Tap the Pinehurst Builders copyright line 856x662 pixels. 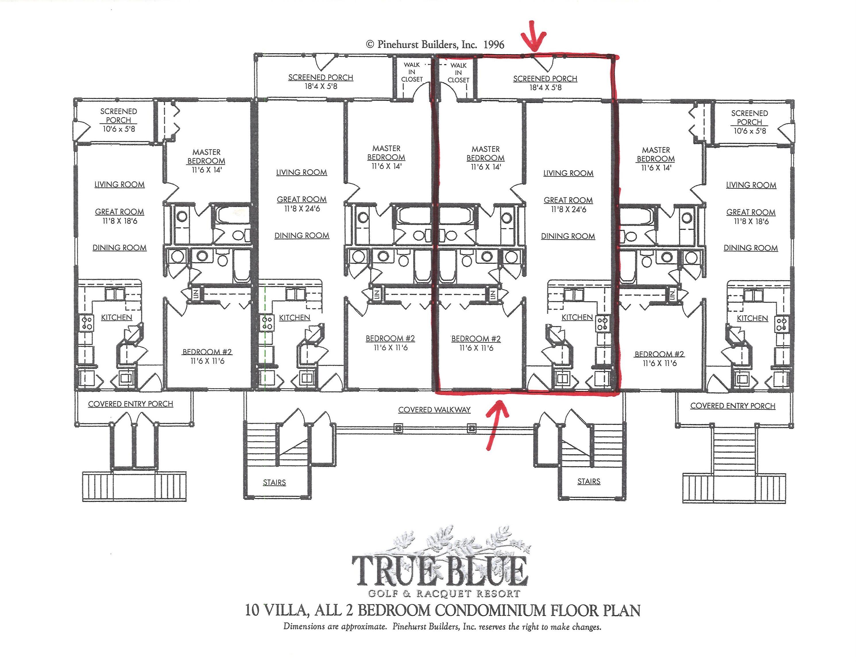pos(435,44)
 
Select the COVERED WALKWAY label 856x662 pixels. pos(434,410)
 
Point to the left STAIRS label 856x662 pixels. pos(274,482)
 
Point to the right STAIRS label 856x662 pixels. pos(589,481)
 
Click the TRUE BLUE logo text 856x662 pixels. pos(440,571)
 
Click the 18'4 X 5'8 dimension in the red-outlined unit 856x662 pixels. pos(546,87)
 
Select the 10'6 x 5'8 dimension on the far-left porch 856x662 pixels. pos(119,129)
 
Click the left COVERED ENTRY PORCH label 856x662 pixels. pos(131,404)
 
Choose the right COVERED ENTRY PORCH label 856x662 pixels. pos(733,406)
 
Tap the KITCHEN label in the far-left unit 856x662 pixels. pos(116,317)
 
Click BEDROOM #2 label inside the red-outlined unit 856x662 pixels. pos(476,339)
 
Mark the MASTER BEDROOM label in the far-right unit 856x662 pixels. pos(656,155)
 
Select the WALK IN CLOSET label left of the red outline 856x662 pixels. pos(412,72)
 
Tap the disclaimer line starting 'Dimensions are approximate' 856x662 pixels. pos(443,627)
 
